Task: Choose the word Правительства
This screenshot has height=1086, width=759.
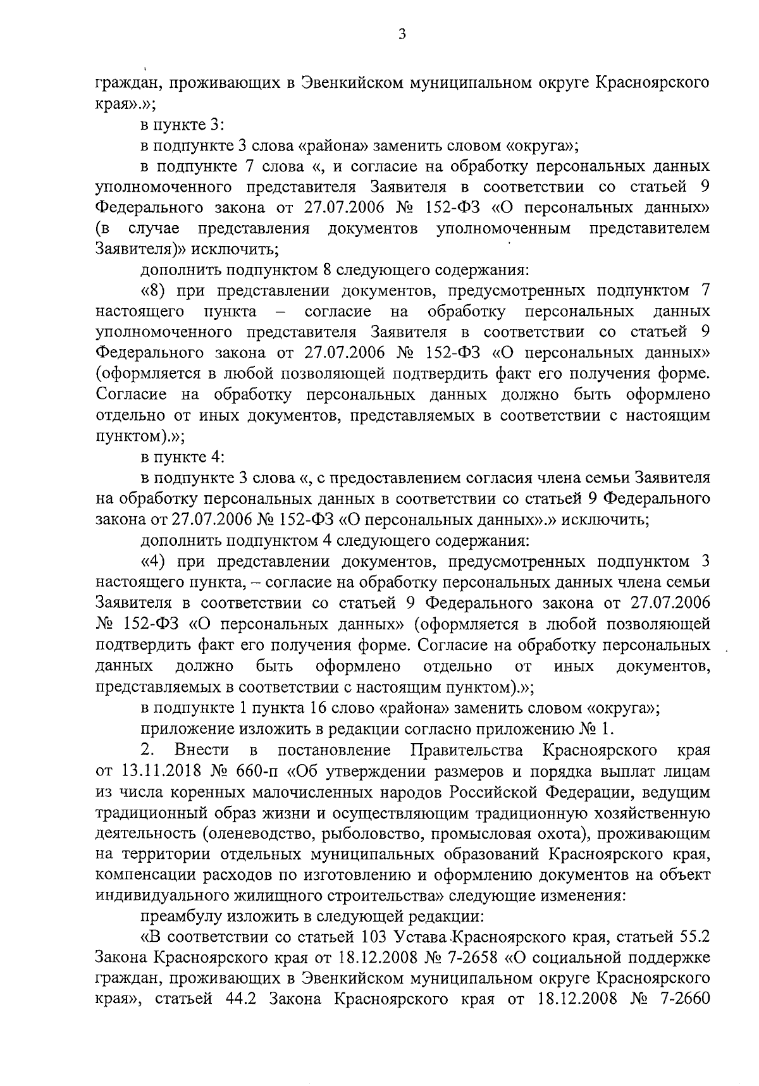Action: pos(467,751)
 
